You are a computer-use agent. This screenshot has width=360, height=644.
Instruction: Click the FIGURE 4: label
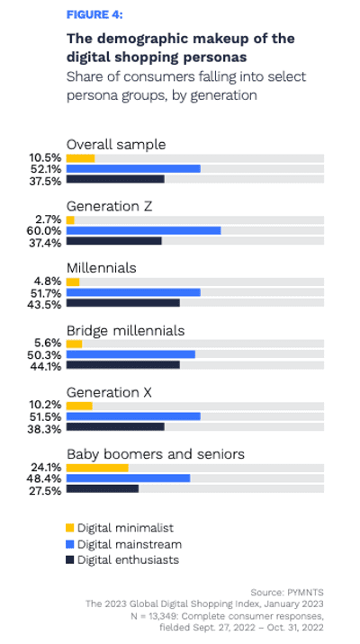(x=95, y=15)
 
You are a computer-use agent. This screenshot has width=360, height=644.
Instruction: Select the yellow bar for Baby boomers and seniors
(x=97, y=468)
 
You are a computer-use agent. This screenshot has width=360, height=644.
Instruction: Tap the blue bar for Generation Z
(x=143, y=230)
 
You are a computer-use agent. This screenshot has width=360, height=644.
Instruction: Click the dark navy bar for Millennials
(x=122, y=303)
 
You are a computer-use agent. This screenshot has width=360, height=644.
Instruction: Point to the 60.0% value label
(x=48, y=230)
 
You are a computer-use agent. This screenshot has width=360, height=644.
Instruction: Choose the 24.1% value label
(x=47, y=468)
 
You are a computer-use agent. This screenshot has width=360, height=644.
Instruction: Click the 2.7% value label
(x=49, y=219)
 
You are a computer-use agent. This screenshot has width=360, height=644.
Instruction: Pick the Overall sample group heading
(x=116, y=144)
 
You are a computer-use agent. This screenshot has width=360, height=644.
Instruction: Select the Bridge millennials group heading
(x=126, y=330)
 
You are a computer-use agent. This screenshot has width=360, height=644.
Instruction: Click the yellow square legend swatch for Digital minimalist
(x=70, y=528)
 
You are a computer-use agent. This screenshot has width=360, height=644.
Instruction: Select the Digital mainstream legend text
(x=130, y=544)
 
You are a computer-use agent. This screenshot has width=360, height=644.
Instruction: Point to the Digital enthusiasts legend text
(x=128, y=560)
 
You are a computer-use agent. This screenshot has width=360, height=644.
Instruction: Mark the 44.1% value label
(x=47, y=365)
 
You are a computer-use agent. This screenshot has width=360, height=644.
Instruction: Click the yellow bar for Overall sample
(x=80, y=157)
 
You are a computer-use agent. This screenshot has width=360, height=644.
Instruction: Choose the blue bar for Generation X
(x=133, y=416)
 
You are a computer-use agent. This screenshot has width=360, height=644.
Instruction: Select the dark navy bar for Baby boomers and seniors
(x=103, y=489)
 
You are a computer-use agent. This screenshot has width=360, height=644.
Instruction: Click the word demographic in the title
(x=137, y=40)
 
